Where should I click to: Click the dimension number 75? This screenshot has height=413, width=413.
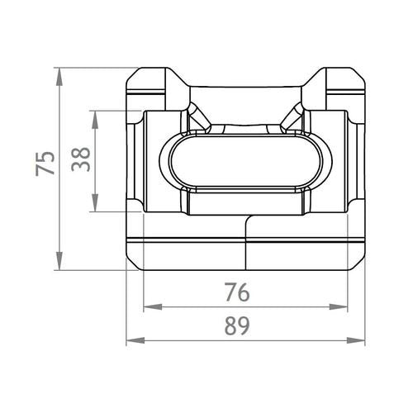pyautogui.click(x=45, y=164)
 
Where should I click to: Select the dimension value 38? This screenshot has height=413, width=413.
pyautogui.click(x=81, y=159)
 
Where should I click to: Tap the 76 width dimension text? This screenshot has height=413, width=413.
pyautogui.click(x=237, y=292)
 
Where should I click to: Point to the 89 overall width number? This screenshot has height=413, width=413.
pyautogui.click(x=237, y=325)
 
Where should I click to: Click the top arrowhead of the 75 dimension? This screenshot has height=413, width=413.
pyautogui.click(x=59, y=77)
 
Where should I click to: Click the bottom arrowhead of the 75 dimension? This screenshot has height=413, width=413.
pyautogui.click(x=59, y=261)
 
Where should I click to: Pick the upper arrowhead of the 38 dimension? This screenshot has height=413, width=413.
pyautogui.click(x=95, y=120)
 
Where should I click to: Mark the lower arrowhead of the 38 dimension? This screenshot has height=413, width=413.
pyautogui.click(x=95, y=203)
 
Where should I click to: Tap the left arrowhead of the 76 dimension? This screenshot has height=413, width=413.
pyautogui.click(x=153, y=306)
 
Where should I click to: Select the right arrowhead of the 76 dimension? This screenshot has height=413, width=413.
pyautogui.click(x=339, y=306)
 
